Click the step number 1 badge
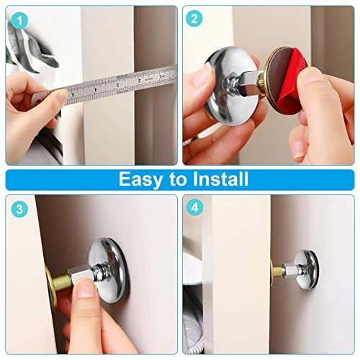19,21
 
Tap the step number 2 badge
194,19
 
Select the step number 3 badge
19,209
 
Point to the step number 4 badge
194,207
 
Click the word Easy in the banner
140,179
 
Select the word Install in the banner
220,179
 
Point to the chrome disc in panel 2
230,85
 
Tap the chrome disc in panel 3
109,270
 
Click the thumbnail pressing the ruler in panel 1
63,94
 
